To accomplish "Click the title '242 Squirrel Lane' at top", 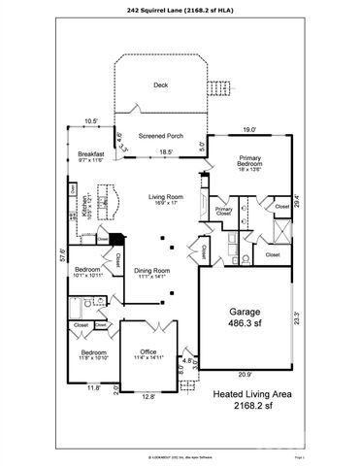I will click(180, 11).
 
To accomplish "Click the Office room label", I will click(148, 351).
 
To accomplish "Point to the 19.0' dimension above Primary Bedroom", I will click(249, 130).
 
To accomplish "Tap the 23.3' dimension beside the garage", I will click(296, 316).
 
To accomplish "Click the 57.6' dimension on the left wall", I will click(62, 256).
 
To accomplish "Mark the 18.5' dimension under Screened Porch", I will click(166, 151).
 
